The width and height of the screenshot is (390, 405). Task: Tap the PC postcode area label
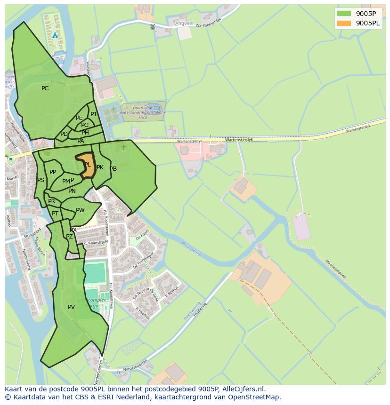(x=45, y=88)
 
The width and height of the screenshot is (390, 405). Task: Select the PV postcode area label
(x=71, y=307)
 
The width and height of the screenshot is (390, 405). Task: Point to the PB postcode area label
(x=113, y=169)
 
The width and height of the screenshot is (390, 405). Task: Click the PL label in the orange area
(x=87, y=165)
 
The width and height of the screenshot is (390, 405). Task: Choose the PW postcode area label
(x=80, y=210)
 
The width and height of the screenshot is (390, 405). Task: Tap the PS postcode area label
(x=41, y=180)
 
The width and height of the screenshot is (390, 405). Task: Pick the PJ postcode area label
(x=93, y=114)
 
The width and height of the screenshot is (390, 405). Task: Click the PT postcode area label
(x=55, y=214)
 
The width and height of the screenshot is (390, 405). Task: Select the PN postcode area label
(x=72, y=191)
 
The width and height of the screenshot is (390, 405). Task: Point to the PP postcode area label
(x=53, y=172)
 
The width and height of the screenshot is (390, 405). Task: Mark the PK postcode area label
(x=100, y=167)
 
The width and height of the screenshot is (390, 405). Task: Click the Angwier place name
(x=184, y=23)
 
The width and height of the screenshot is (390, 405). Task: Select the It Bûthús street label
(x=171, y=292)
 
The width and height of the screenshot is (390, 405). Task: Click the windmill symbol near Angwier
(x=152, y=26)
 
